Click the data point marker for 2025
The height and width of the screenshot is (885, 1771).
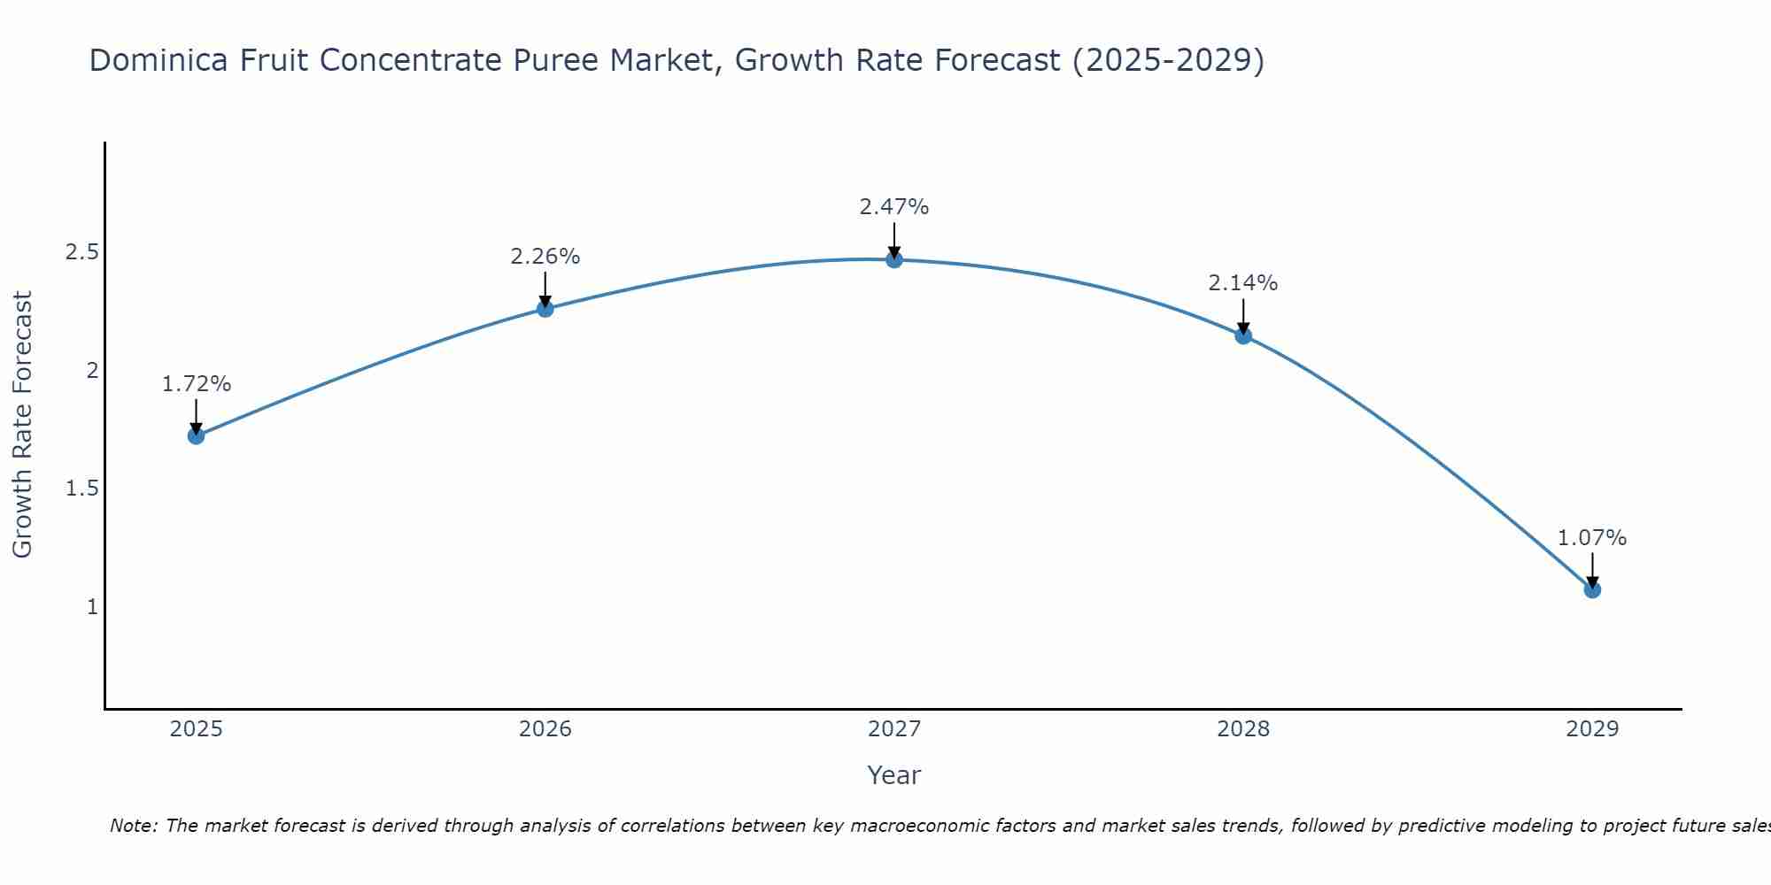(197, 435)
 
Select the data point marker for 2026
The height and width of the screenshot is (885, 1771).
(545, 309)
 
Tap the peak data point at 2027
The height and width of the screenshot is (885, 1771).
(894, 259)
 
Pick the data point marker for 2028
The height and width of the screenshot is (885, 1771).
(1243, 335)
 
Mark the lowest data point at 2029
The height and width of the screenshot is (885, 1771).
(1592, 589)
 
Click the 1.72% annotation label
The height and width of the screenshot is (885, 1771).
(197, 384)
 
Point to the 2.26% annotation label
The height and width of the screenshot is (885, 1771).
(545, 257)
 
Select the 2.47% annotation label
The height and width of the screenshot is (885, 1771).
(894, 207)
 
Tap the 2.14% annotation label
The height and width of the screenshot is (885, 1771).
(1243, 283)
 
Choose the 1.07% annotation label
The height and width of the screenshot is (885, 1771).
(1592, 538)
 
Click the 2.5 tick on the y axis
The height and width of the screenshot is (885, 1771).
(81, 252)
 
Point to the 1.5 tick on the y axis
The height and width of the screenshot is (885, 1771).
(81, 489)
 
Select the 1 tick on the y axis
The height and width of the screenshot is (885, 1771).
(92, 607)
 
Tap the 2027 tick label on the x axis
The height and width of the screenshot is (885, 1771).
(894, 729)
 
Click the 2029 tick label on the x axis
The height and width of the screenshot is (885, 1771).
(1592, 729)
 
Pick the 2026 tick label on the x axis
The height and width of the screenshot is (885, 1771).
(545, 729)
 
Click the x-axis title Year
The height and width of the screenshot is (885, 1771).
(894, 775)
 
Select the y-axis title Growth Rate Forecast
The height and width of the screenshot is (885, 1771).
(22, 425)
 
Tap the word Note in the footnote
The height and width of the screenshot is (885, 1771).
(132, 826)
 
